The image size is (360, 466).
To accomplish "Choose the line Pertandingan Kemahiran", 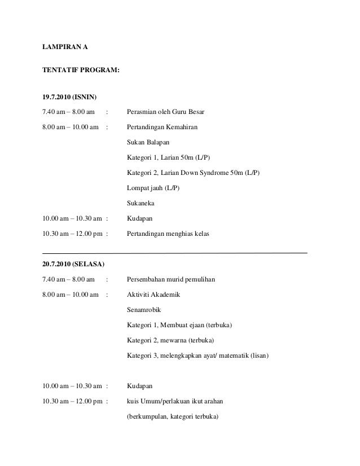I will [163, 127].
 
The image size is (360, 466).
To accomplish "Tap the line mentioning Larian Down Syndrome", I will [194, 173].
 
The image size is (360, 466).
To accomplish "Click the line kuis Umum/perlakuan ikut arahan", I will [175, 402].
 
